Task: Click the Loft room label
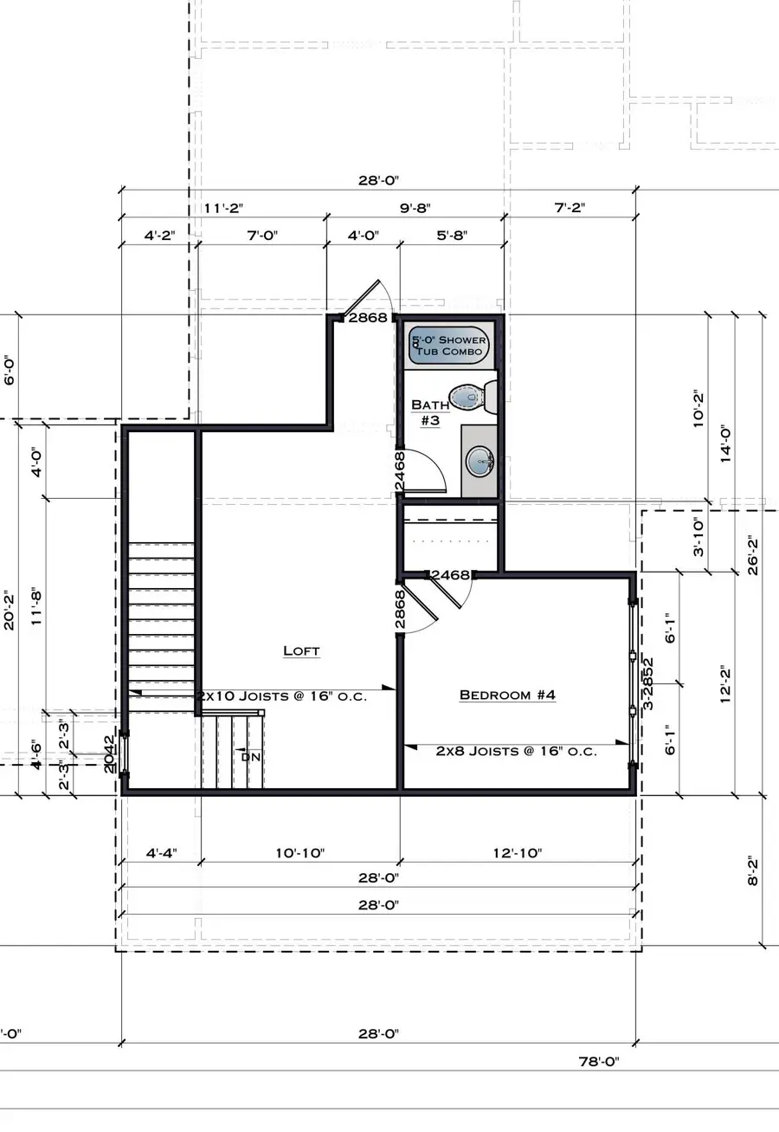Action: tap(301, 650)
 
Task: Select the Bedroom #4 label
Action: tap(507, 695)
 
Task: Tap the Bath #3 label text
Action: tap(430, 411)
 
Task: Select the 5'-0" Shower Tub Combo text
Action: tap(448, 346)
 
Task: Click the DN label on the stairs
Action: tap(250, 756)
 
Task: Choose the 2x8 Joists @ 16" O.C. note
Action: tap(516, 751)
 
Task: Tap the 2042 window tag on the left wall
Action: tap(109, 754)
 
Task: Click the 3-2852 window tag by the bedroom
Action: tap(647, 683)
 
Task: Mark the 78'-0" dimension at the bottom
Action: tap(598, 1061)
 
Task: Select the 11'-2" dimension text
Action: tap(224, 208)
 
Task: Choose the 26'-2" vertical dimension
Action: tap(753, 554)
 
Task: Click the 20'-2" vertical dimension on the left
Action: tap(10, 611)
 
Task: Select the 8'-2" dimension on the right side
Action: tap(753, 870)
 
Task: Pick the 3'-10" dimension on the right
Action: tap(699, 537)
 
